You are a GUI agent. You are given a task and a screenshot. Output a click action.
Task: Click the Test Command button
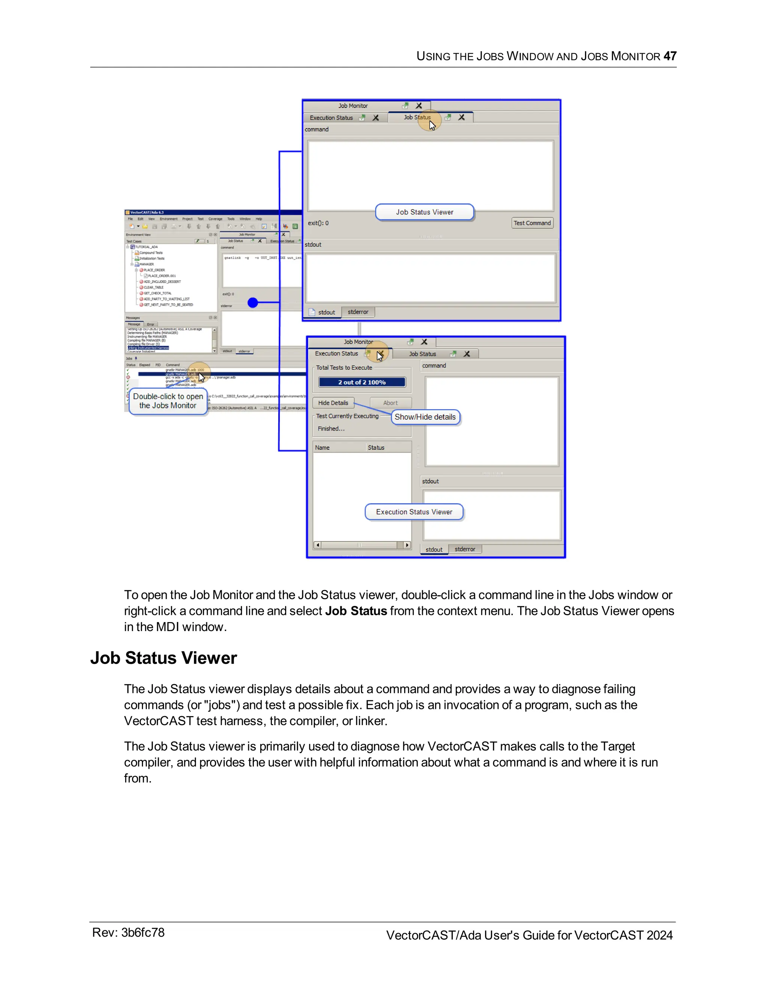click(x=532, y=223)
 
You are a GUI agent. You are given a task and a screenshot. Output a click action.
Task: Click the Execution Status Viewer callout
click(x=414, y=512)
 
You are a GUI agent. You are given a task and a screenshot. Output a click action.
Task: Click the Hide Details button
click(x=333, y=403)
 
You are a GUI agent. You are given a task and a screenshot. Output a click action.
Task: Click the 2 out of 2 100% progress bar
click(x=362, y=382)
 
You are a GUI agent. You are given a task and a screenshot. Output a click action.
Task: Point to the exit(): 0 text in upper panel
click(x=318, y=223)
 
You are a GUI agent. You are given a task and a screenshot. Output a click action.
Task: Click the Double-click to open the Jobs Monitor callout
click(x=168, y=401)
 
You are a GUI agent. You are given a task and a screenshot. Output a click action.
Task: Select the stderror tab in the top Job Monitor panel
click(x=358, y=312)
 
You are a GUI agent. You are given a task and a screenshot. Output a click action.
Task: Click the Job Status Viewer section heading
click(x=164, y=658)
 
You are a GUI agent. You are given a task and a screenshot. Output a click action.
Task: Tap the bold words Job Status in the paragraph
click(x=356, y=611)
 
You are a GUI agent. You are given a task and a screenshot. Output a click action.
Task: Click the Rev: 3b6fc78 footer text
click(x=128, y=933)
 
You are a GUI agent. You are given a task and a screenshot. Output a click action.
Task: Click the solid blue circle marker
click(x=253, y=302)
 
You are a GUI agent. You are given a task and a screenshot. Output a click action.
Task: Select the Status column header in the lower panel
click(x=376, y=448)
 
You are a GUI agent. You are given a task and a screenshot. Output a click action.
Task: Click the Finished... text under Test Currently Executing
click(x=331, y=429)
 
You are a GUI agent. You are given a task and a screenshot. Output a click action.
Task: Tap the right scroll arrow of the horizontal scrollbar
click(x=407, y=545)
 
